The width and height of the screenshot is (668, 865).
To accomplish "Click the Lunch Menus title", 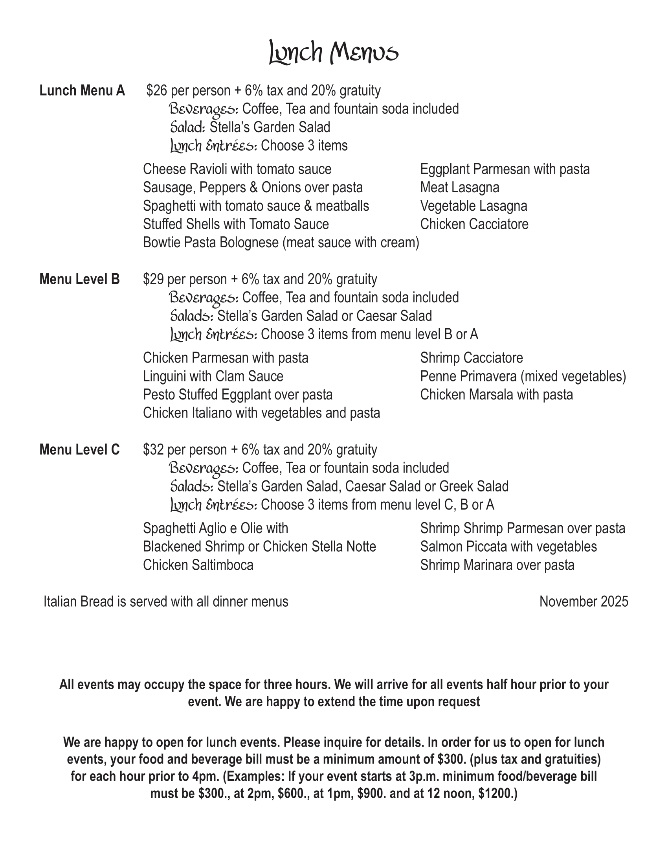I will tap(334, 52).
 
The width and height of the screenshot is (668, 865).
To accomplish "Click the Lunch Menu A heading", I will tap(82, 91).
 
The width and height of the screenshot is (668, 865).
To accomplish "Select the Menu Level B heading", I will tap(79, 279).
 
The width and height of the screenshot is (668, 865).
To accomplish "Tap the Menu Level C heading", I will tap(79, 449).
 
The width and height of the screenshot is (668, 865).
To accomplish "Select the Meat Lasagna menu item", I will tap(459, 187).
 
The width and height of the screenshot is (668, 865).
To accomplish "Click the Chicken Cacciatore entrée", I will tap(474, 224).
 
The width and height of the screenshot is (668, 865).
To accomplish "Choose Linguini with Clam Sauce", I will tap(213, 376).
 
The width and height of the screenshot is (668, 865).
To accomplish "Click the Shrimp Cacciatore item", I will tap(471, 358).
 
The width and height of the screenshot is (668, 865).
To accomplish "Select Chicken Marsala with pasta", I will tap(496, 395).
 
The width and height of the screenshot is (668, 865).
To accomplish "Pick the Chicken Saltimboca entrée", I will tap(198, 565).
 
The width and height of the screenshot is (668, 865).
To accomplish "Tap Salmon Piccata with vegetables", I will tap(508, 547).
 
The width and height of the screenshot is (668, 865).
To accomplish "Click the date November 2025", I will tap(583, 602).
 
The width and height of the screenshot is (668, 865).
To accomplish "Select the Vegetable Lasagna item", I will tap(473, 206).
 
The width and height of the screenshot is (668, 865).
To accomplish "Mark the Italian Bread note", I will tap(166, 602).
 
